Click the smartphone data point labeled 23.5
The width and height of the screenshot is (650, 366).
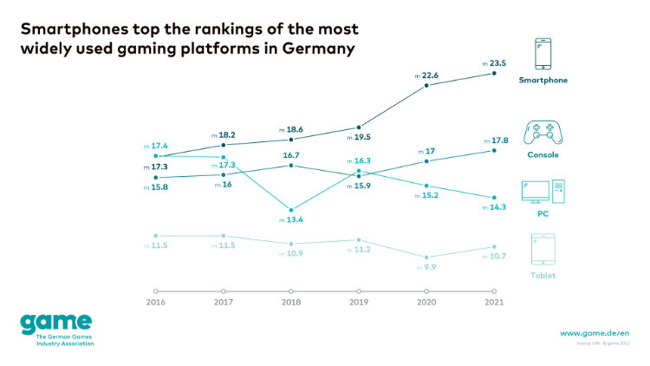click(494, 74)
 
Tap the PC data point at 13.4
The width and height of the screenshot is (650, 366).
click(291, 209)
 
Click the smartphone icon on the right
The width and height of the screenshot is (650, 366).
click(543, 54)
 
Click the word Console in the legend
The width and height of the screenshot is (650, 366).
click(543, 155)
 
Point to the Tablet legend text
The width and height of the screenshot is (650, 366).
click(543, 275)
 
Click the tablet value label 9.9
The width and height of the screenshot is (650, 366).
click(429, 267)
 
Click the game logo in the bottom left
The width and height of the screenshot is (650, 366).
click(56, 325)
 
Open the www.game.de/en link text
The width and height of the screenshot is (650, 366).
click(593, 333)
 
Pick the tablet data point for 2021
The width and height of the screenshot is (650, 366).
click(494, 247)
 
